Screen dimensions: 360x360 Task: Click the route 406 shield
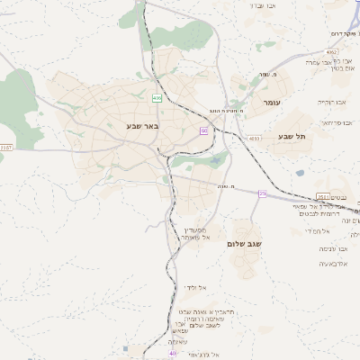(158, 96)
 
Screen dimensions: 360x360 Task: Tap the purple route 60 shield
(204, 132)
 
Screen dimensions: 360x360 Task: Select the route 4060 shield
(254, 138)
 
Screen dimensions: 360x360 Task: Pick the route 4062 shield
(332, 54)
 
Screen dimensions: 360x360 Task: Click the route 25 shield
(262, 193)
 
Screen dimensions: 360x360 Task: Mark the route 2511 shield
(322, 196)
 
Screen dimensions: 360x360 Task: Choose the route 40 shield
(172, 354)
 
